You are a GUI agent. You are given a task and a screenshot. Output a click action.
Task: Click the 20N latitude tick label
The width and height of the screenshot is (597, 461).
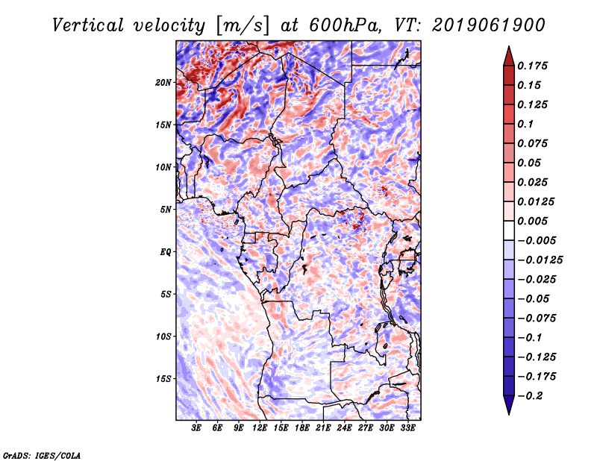point(163,82)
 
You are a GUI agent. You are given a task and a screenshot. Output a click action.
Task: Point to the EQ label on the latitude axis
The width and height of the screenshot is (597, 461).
point(165,251)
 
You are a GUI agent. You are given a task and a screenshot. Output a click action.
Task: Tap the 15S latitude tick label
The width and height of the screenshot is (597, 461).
point(163,379)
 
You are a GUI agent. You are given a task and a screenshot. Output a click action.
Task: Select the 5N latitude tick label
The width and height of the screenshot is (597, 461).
point(165,210)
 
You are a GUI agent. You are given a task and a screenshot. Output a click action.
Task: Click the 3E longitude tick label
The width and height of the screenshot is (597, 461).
point(196,427)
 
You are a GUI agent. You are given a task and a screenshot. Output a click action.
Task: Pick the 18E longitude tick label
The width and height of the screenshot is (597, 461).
point(301,427)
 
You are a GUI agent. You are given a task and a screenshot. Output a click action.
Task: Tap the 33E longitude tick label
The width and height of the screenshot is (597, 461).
point(407,427)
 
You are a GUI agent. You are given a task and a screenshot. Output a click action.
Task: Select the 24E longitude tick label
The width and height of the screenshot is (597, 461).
point(344,427)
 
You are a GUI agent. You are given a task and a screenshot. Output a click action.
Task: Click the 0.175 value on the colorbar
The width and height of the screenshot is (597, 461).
point(532,66)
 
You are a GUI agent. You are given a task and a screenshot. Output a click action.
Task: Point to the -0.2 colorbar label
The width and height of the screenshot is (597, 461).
point(530,396)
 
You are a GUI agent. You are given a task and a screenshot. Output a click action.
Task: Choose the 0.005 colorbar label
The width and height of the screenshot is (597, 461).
point(532,221)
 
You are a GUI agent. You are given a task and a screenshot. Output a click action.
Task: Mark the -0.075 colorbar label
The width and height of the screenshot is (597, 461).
point(537,319)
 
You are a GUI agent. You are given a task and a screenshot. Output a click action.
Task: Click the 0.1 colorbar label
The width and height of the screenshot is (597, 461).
point(525,124)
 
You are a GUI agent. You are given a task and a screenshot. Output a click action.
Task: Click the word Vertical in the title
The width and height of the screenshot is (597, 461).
point(88,25)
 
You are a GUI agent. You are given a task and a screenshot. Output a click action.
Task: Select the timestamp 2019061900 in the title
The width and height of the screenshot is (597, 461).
point(489,25)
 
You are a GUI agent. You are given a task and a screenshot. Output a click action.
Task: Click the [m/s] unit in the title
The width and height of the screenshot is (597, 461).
point(243,26)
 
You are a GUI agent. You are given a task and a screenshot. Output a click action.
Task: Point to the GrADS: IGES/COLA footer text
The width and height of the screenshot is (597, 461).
point(42,455)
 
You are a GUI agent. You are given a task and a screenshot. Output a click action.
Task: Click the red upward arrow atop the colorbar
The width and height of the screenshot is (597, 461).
point(509,57)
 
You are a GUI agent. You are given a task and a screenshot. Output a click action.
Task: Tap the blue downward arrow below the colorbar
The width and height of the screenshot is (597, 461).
point(509,405)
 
